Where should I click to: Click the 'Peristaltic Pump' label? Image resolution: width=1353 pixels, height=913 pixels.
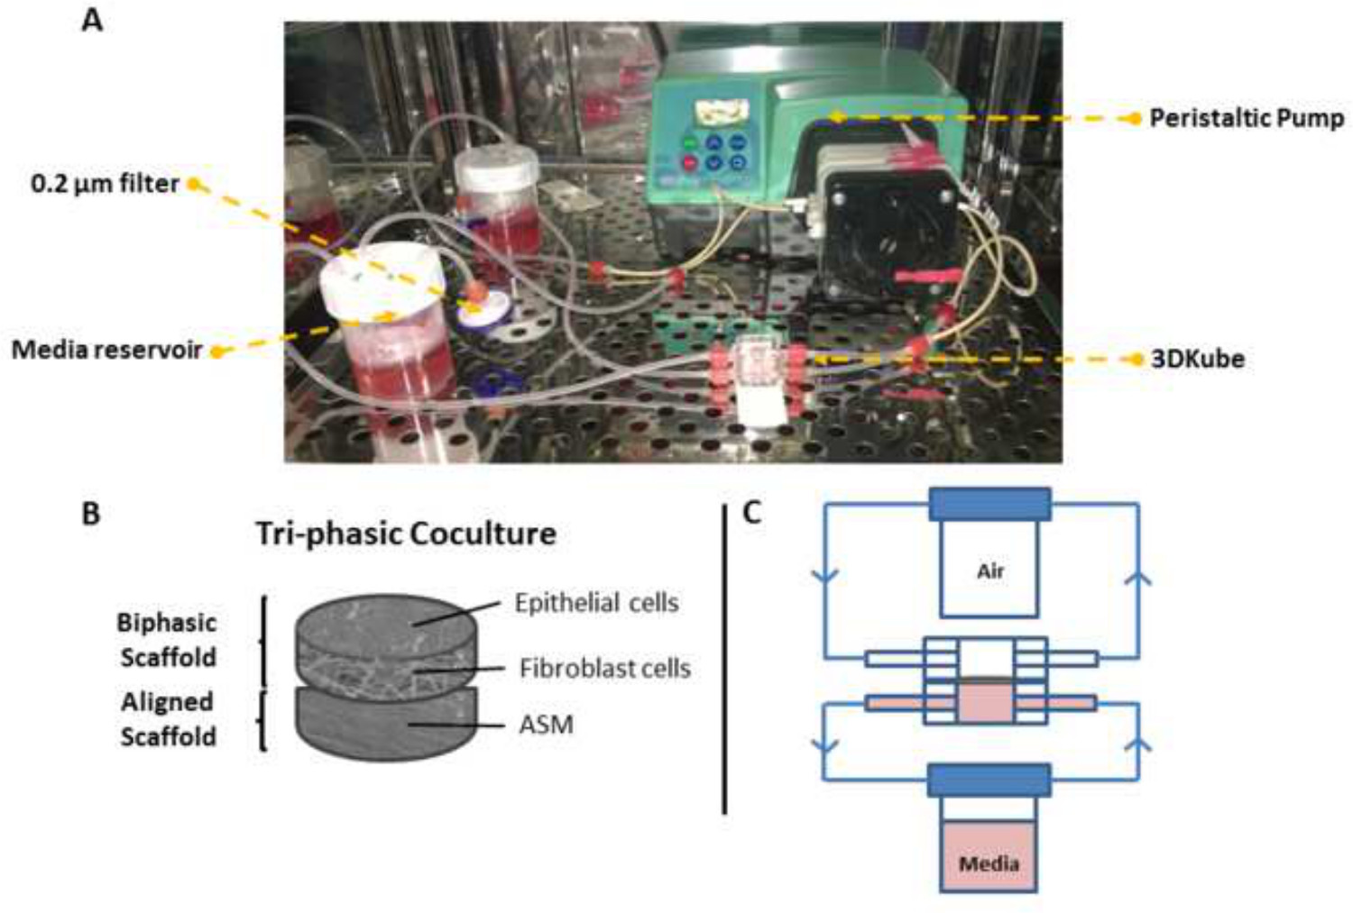click(1246, 118)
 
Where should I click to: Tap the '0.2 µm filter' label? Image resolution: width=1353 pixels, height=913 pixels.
click(105, 184)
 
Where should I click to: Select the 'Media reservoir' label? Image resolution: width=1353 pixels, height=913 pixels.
click(106, 350)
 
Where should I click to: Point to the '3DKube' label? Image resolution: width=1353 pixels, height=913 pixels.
click(1197, 359)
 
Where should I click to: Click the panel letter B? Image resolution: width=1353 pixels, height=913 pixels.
click(91, 513)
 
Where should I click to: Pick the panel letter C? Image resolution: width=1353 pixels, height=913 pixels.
click(751, 512)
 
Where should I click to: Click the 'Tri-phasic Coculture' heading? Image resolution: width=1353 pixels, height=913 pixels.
click(405, 534)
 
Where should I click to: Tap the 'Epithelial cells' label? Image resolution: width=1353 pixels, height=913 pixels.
click(596, 602)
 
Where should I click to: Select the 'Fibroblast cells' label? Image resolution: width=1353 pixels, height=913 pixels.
click(604, 668)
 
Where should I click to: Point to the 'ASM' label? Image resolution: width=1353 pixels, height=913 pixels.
click(546, 725)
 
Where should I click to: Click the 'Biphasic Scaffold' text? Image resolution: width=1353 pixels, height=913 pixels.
click(168, 640)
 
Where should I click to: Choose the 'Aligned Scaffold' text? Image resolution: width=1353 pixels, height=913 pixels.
click(168, 719)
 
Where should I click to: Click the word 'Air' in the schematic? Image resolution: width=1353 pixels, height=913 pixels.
click(989, 571)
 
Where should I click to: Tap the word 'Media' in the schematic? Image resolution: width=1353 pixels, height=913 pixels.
click(989, 863)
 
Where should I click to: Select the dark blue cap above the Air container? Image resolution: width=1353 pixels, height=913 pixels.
click(989, 505)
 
